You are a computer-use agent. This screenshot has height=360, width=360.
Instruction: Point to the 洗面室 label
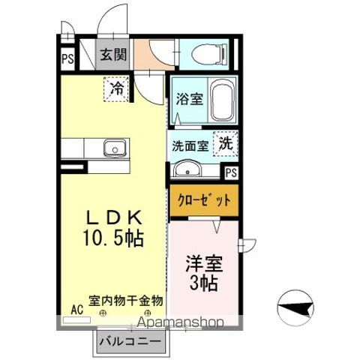pos(190,145)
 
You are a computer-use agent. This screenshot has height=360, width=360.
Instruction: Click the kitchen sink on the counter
pos(114,148)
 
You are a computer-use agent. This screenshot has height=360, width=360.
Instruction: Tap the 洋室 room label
pos(202,264)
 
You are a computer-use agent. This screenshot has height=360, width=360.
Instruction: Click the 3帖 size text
pos(201,283)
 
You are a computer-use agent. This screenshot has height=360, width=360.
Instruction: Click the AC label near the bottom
pos(76,308)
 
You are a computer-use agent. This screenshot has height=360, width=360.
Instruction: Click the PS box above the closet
pos(231,172)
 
